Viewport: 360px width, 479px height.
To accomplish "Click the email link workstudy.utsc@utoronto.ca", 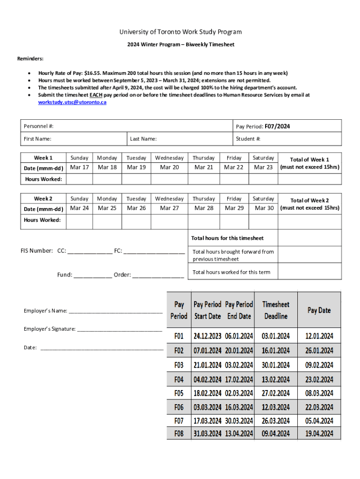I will point(72,102).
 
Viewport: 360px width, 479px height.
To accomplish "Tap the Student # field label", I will point(248,139).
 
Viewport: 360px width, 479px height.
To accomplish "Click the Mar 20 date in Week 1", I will point(169,167).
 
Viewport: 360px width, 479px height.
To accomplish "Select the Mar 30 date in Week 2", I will point(264,208).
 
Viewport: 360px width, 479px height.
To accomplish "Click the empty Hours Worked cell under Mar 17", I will point(79,179).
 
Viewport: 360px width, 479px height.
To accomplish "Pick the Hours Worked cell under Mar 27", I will point(169,220).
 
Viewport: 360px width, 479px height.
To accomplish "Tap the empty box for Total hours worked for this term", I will point(310,272).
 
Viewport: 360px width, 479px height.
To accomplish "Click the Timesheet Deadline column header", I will point(276,310).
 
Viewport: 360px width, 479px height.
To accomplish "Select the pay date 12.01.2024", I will point(319,336).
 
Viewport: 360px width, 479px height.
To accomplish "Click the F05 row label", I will point(179,393).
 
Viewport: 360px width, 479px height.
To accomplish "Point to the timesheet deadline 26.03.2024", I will point(276,421).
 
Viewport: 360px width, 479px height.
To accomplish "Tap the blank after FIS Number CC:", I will point(90,251).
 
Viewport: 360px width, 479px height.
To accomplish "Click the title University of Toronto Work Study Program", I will point(180,32).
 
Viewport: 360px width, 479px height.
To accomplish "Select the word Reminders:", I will point(30,58).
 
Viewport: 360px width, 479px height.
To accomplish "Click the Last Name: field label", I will point(143,139).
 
